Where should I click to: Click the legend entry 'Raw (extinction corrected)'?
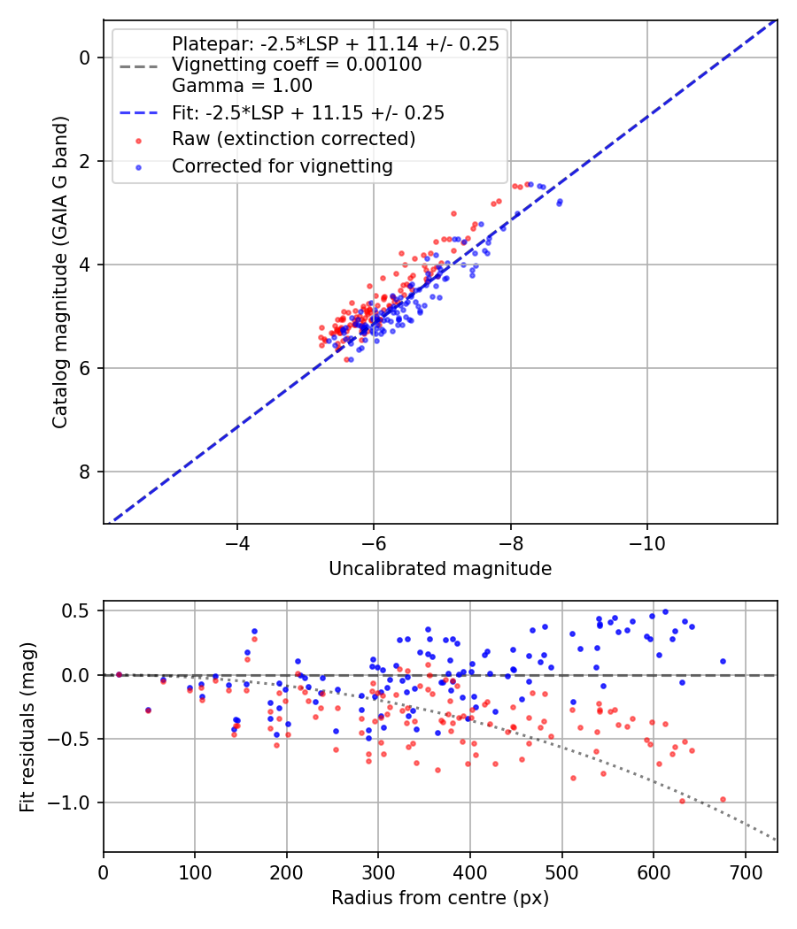tap(293, 139)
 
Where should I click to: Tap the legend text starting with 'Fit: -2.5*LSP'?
tap(307, 112)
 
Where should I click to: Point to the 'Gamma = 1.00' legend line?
tap(242, 86)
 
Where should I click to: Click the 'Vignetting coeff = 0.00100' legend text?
tap(297, 65)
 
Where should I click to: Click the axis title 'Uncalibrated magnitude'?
tap(440, 569)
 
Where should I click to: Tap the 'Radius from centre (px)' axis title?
tap(440, 898)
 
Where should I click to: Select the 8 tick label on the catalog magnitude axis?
tap(85, 472)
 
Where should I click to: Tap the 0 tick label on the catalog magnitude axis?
tap(85, 58)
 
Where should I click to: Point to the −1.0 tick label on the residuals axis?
tap(73, 802)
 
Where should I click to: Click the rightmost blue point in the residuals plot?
tap(723, 661)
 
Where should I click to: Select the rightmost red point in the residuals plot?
tap(723, 799)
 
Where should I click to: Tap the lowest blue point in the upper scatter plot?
tap(351, 359)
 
